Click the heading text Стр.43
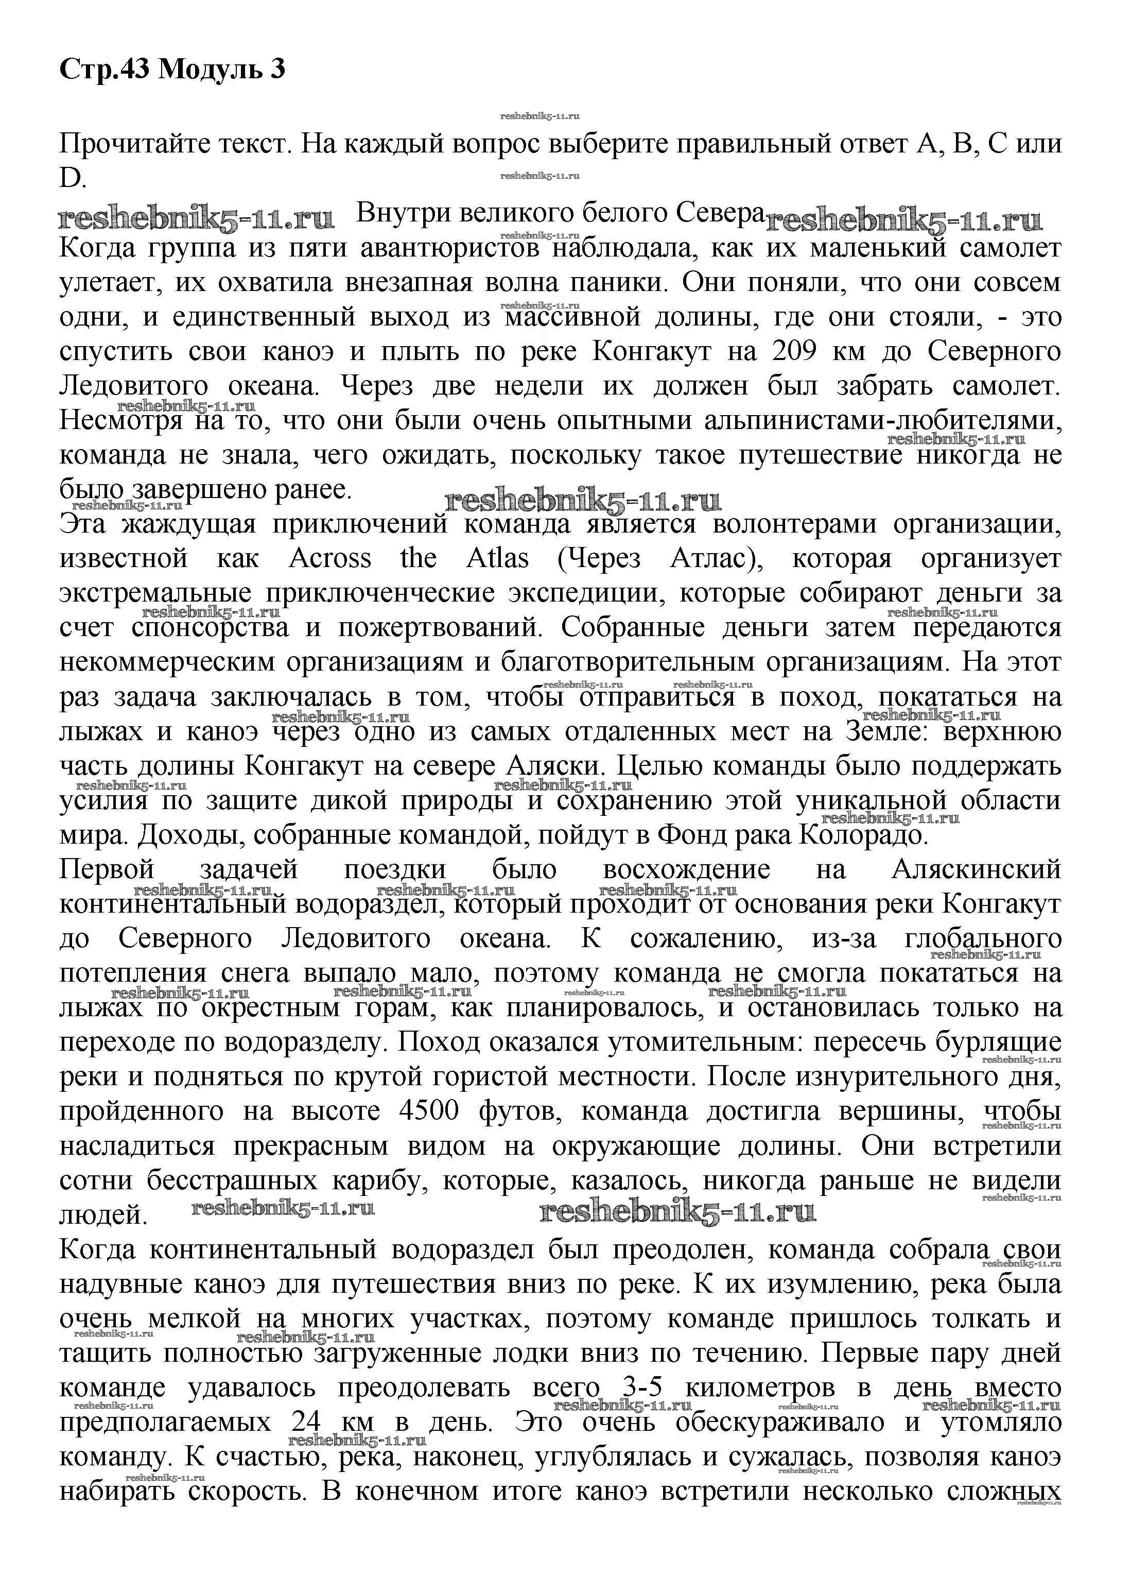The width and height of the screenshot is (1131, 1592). tap(105, 69)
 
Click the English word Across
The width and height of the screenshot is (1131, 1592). tap(330, 559)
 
